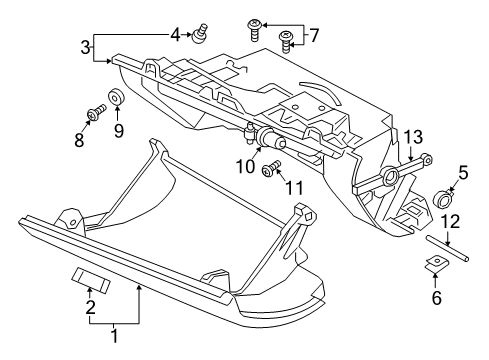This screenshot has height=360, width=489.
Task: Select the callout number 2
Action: point(89,307)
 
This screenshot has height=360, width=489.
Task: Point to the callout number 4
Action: point(174,35)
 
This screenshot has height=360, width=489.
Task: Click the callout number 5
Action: point(463,172)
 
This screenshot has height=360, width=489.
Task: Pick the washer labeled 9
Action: point(117,98)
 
